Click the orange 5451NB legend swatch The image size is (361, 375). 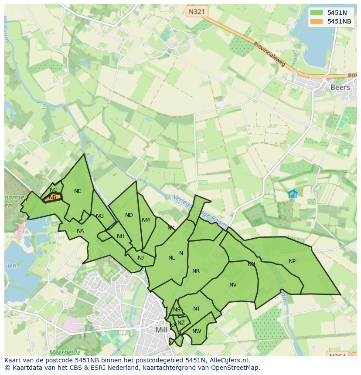[x=317, y=21]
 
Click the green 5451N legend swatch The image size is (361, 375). [x=317, y=13]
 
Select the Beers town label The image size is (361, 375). [x=340, y=87]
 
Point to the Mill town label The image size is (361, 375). [x=161, y=330]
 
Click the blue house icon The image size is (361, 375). [x=293, y=194]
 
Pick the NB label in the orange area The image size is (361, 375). [x=52, y=197]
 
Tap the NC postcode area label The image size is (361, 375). [x=53, y=190]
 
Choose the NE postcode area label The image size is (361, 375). [x=78, y=191]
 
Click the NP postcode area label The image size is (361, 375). [x=292, y=261]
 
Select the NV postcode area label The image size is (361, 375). [x=233, y=285]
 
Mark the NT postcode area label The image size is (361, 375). [x=197, y=309]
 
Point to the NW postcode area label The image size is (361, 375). [x=197, y=331]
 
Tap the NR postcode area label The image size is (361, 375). [x=196, y=271]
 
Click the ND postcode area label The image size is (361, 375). [x=129, y=215]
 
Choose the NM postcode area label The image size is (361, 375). [x=146, y=220]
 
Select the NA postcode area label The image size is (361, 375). [x=80, y=231]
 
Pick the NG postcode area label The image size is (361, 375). [x=100, y=216]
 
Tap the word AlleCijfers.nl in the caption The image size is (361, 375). [x=228, y=360]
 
